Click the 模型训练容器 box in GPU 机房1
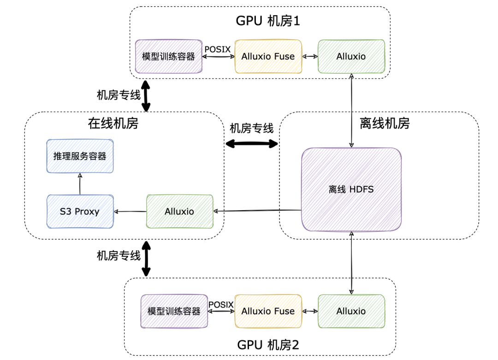pos(169,57)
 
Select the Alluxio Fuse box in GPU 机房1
pos(268,57)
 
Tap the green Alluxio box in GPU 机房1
pos(351,57)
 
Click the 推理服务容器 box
pos(80,156)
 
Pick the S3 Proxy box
pos(80,212)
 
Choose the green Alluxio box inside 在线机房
pos(179,212)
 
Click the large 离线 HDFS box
pos(351,189)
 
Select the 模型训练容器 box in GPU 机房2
pos(174,311)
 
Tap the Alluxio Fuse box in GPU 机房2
pos(268,311)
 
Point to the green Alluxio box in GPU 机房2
pos(351,311)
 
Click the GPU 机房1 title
pos(268,21)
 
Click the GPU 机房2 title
pos(268,345)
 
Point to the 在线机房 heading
pos(113,123)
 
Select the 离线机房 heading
pos(385,123)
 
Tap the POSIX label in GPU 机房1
pos(218,49)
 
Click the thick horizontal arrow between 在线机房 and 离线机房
pos(252,144)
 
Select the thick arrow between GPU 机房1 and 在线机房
pos(146,96)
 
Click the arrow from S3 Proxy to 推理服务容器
pos(80,184)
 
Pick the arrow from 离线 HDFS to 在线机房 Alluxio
pos(257,211)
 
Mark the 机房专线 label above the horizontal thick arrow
pos(252,129)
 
